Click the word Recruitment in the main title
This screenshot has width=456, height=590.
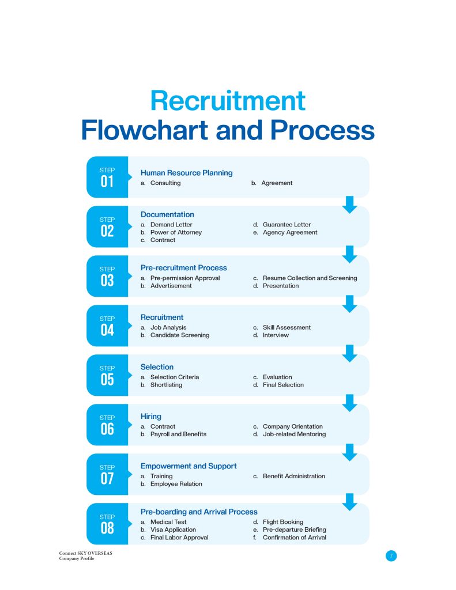[x=228, y=100]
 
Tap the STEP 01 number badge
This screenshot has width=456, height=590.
[x=108, y=177]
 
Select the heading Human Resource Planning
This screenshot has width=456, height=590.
[x=186, y=173]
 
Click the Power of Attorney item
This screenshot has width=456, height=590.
[x=176, y=232]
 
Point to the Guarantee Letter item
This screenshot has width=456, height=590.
[x=287, y=225]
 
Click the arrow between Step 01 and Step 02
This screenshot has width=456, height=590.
[x=350, y=205]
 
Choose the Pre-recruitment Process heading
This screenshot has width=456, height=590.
[x=184, y=267]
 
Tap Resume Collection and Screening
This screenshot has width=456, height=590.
[x=310, y=278]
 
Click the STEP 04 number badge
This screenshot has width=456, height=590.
[x=108, y=326]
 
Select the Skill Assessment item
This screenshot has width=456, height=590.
[x=287, y=327]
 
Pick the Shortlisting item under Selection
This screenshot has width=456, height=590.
[x=166, y=385]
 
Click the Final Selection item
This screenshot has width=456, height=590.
[x=283, y=385]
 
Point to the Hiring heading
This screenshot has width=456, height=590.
[x=150, y=416]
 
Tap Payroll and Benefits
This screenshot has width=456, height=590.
[x=178, y=434]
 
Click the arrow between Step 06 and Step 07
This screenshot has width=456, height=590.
[x=350, y=452]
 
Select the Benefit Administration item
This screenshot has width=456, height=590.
[x=293, y=476]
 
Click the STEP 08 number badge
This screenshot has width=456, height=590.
[x=108, y=524]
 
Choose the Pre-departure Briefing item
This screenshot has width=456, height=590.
[x=295, y=530]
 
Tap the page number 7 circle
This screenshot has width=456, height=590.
[x=391, y=556]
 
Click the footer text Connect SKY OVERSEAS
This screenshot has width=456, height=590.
[x=85, y=553]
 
